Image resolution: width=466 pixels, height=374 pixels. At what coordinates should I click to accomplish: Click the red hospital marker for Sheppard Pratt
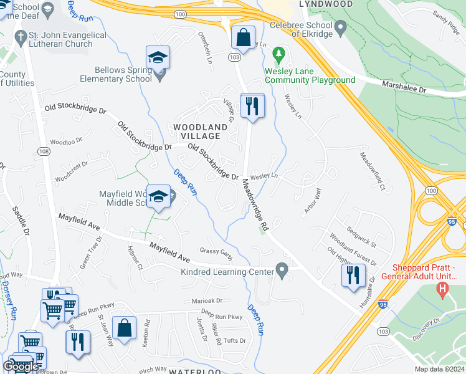pyautogui.click(x=442, y=288)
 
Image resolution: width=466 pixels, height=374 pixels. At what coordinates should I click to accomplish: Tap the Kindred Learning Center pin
pyautogui.click(x=282, y=271)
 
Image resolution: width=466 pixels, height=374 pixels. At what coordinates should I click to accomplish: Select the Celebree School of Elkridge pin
pyautogui.click(x=340, y=27)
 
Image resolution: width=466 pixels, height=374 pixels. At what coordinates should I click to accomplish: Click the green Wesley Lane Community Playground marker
pyautogui.click(x=278, y=56)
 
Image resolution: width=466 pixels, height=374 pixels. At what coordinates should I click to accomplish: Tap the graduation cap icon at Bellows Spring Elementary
pyautogui.click(x=158, y=58)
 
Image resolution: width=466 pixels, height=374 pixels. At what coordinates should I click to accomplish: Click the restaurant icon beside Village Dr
pyautogui.click(x=252, y=105)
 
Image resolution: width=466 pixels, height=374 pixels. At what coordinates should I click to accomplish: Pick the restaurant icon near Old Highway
pyautogui.click(x=353, y=274)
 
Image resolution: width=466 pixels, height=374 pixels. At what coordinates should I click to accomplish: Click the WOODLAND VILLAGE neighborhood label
pyautogui.click(x=197, y=131)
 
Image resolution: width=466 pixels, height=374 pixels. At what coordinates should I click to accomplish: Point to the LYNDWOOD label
pyautogui.click(x=321, y=4)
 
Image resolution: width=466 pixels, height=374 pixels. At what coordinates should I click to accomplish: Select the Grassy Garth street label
pyautogui.click(x=216, y=251)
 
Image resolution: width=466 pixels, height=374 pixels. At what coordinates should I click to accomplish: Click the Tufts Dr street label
pyautogui.click(x=234, y=340)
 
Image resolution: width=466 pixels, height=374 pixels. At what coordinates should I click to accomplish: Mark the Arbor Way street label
pyautogui.click(x=312, y=200)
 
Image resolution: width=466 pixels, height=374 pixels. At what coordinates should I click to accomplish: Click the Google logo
pyautogui.click(x=21, y=366)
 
